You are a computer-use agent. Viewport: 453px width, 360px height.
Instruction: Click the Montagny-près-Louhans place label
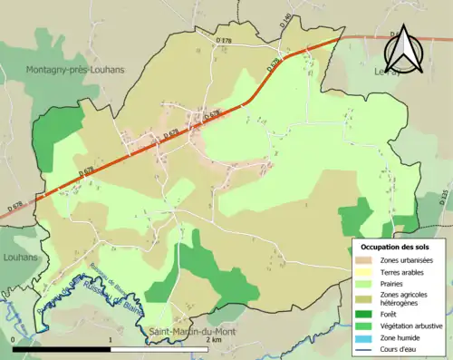(76, 70)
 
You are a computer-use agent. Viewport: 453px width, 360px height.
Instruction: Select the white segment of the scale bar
(158, 349)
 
